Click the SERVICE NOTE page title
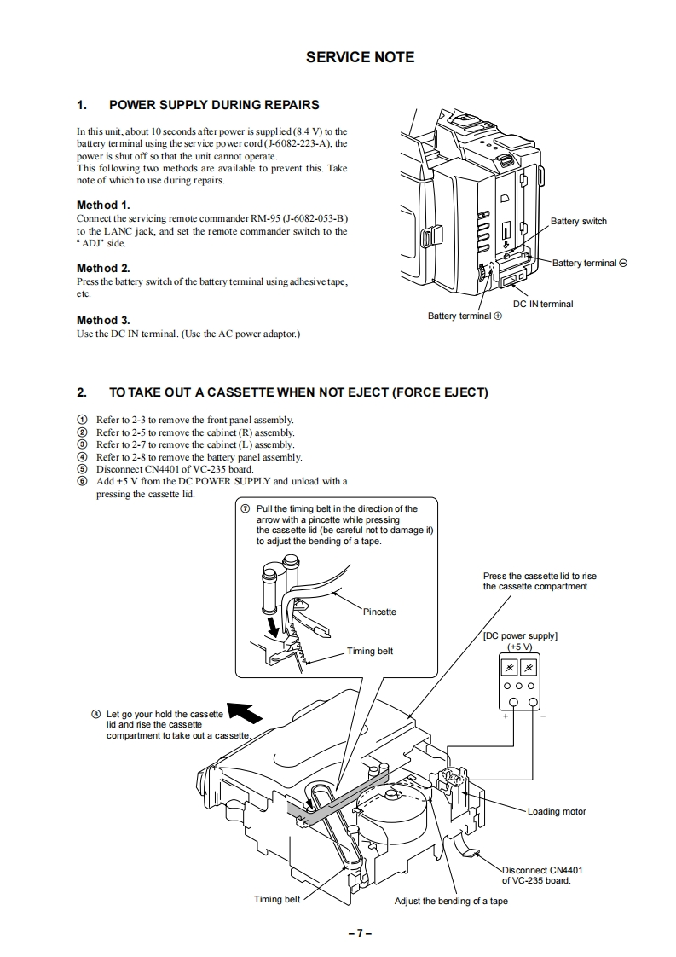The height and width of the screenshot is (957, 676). point(360,57)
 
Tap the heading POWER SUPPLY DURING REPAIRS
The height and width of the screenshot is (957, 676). point(214,105)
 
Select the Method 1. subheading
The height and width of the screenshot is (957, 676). point(103,205)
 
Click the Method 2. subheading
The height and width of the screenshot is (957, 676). point(103,268)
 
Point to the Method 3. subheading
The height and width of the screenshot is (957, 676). point(103,320)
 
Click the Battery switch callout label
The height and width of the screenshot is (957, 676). point(578,222)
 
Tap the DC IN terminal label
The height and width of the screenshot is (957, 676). point(542,304)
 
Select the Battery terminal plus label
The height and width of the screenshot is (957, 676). point(465,316)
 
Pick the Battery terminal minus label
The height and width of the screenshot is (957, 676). point(589,263)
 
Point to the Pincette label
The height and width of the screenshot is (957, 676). point(379,612)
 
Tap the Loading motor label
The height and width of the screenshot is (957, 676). point(556,811)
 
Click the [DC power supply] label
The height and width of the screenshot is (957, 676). point(519,635)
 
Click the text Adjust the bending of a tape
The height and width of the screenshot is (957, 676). point(450,901)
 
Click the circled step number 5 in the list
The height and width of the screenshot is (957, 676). point(82,469)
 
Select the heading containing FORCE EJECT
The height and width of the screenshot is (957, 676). point(298,392)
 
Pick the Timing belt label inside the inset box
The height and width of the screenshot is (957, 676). point(370,651)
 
